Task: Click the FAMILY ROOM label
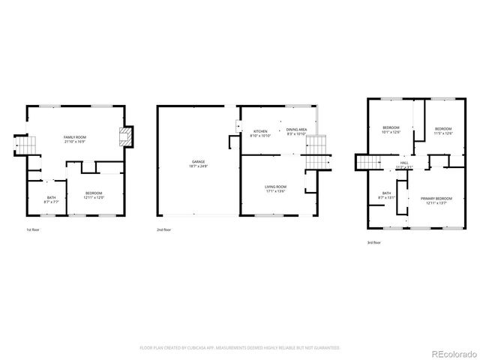(x=75, y=138)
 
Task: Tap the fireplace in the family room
(x=125, y=137)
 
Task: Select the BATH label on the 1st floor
(x=51, y=197)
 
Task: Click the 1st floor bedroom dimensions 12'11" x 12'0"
(x=94, y=197)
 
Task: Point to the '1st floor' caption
(x=33, y=229)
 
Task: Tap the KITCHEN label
(x=259, y=130)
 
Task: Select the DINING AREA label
(x=297, y=130)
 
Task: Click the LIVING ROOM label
(x=275, y=186)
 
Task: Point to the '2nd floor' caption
(x=163, y=229)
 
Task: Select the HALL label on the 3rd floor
(x=404, y=163)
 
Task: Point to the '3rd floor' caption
(x=373, y=242)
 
